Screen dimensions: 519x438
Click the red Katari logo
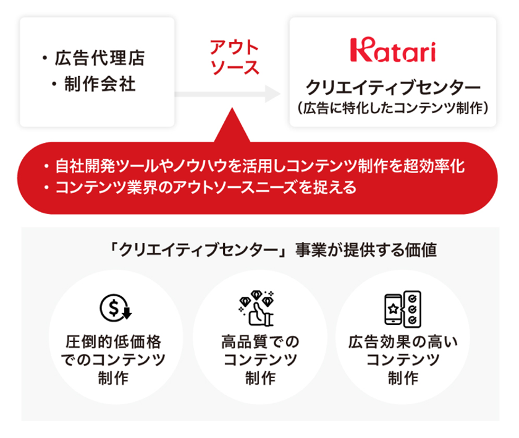[x=393, y=49]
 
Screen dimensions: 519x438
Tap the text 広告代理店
[x=99, y=58]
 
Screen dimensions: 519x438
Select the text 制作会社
[x=99, y=84]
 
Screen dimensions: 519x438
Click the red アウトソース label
[x=234, y=57]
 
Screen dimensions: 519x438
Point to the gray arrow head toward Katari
[x=272, y=94]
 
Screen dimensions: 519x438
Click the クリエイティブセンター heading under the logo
[x=393, y=87]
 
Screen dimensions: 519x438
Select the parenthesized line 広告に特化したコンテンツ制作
[x=393, y=108]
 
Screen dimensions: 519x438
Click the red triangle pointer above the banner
[x=232, y=126]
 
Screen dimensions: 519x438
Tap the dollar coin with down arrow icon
[x=116, y=308]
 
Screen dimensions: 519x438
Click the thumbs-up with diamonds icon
[x=256, y=308]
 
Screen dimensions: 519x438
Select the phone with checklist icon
[x=402, y=309]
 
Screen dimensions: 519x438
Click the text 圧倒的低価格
[x=114, y=342]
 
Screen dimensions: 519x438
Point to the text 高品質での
[x=260, y=342]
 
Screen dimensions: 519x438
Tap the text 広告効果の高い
[x=403, y=342]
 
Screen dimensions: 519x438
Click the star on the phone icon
[x=393, y=309]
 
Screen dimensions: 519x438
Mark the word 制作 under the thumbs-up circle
[x=260, y=378]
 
